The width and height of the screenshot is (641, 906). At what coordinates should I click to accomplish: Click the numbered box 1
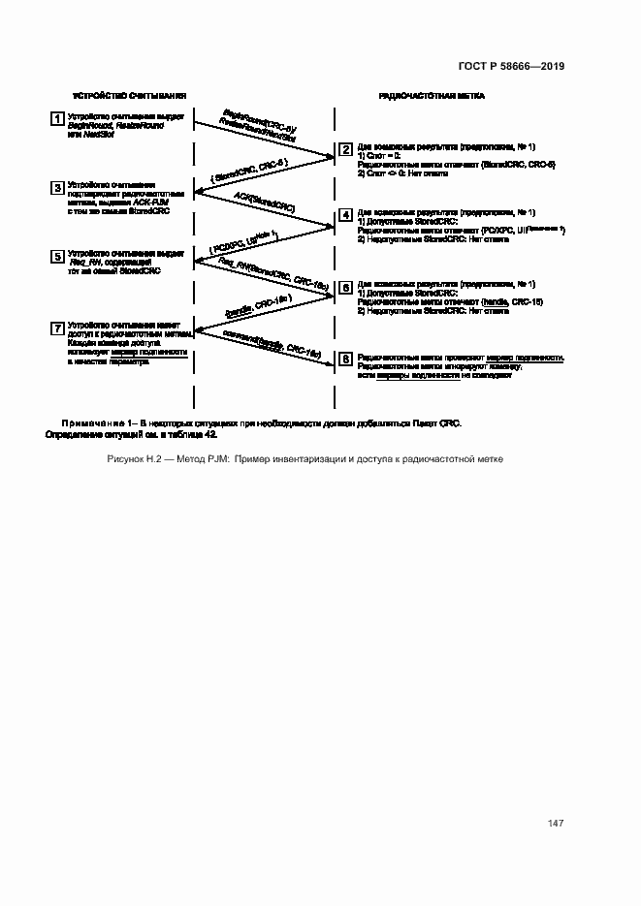(57, 118)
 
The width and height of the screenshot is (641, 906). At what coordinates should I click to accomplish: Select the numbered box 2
(346, 150)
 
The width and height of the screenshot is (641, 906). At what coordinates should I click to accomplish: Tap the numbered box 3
(57, 187)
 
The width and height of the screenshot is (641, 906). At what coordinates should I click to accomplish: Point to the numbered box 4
(346, 217)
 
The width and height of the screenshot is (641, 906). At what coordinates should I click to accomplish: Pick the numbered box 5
(57, 257)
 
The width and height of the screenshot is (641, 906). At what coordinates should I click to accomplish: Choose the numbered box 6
(346, 288)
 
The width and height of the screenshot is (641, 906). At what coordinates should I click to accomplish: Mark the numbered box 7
(57, 328)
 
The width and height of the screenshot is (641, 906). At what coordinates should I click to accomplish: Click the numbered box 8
(346, 359)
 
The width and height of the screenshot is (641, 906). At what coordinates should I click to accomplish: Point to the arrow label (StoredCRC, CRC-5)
(247, 172)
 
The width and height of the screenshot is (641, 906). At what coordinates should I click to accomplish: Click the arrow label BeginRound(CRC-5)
(259, 120)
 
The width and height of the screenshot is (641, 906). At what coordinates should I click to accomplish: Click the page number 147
(556, 824)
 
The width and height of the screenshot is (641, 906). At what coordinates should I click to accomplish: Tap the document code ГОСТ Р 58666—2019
(511, 66)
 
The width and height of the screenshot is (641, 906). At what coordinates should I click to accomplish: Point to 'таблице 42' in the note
(193, 435)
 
